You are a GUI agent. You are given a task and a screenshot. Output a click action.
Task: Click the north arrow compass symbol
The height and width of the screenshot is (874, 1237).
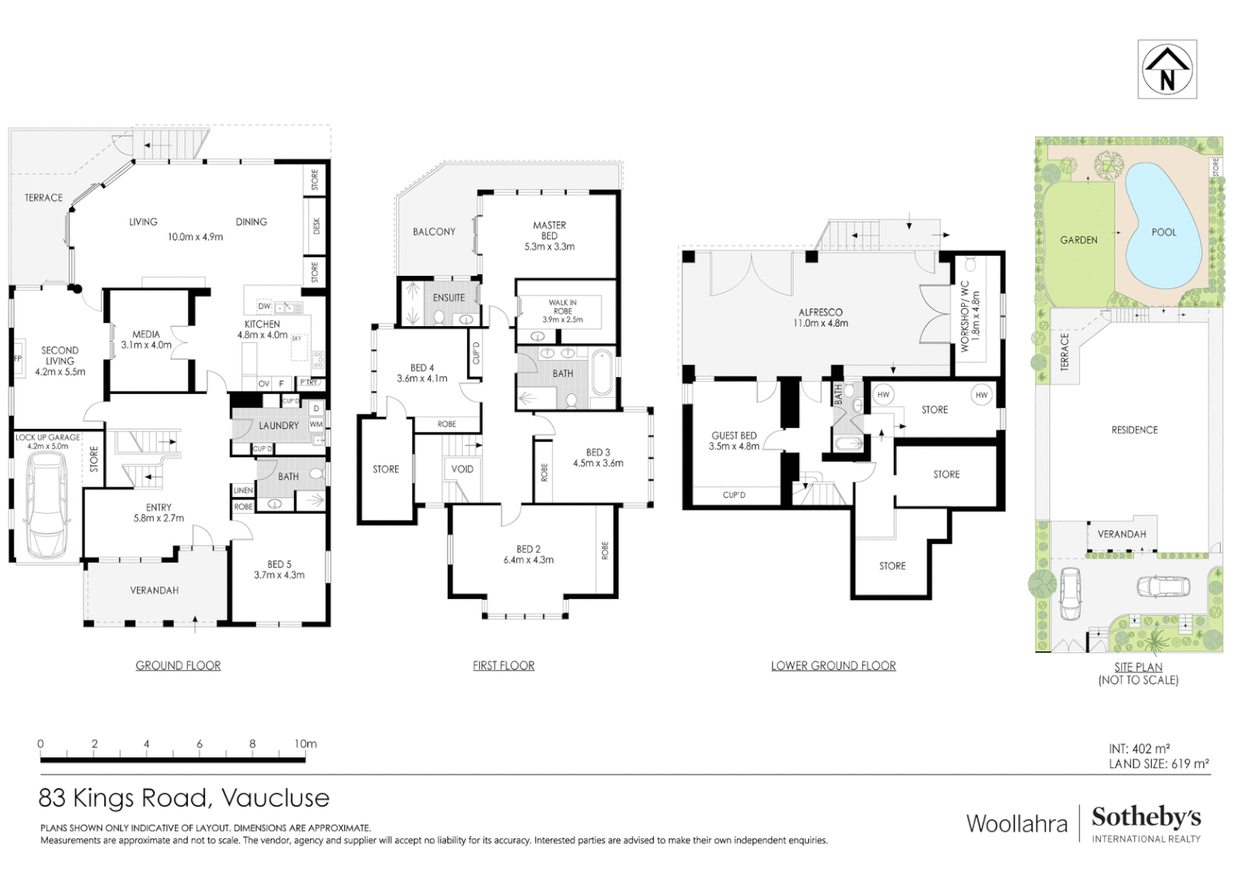click(x=1167, y=70)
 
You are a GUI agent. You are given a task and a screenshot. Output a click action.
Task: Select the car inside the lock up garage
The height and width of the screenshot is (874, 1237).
click(x=47, y=505)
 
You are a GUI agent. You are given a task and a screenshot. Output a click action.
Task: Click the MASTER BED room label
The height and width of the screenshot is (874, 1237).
click(x=549, y=231)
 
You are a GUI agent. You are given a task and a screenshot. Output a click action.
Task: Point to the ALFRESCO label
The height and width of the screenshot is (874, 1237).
click(x=820, y=312)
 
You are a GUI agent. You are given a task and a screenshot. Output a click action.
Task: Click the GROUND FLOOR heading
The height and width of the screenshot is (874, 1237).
click(x=178, y=666)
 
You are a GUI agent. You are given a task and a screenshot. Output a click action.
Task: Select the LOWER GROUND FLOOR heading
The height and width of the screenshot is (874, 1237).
click(x=833, y=666)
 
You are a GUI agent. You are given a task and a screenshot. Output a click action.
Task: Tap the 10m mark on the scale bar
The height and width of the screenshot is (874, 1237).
click(x=305, y=745)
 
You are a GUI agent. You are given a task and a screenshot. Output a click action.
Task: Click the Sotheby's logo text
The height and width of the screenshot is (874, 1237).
click(x=1146, y=817)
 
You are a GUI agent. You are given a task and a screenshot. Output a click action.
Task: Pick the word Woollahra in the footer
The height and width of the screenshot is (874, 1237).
click(x=1017, y=824)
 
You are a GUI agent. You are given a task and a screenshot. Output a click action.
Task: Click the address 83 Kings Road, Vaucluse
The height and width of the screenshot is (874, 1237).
click(x=184, y=798)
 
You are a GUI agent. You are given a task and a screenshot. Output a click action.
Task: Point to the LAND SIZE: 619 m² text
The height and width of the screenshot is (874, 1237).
click(x=1158, y=764)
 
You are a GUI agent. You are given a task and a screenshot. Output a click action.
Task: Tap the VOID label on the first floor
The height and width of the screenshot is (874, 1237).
click(x=462, y=469)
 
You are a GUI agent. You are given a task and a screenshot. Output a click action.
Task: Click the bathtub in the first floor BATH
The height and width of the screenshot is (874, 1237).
click(x=601, y=373)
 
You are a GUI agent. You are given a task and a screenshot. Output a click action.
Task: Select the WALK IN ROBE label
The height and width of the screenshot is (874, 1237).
click(x=563, y=307)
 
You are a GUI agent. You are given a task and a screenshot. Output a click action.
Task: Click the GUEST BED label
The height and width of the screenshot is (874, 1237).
click(x=733, y=435)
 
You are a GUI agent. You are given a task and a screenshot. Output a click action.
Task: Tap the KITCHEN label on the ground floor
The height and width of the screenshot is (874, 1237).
click(x=262, y=324)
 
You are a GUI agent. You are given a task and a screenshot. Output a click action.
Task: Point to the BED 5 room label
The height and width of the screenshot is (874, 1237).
click(x=279, y=564)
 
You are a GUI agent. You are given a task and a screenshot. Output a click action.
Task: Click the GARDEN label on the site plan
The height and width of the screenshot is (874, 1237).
click(x=1078, y=240)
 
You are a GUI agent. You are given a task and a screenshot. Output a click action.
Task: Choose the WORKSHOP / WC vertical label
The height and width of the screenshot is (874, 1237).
click(x=964, y=316)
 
